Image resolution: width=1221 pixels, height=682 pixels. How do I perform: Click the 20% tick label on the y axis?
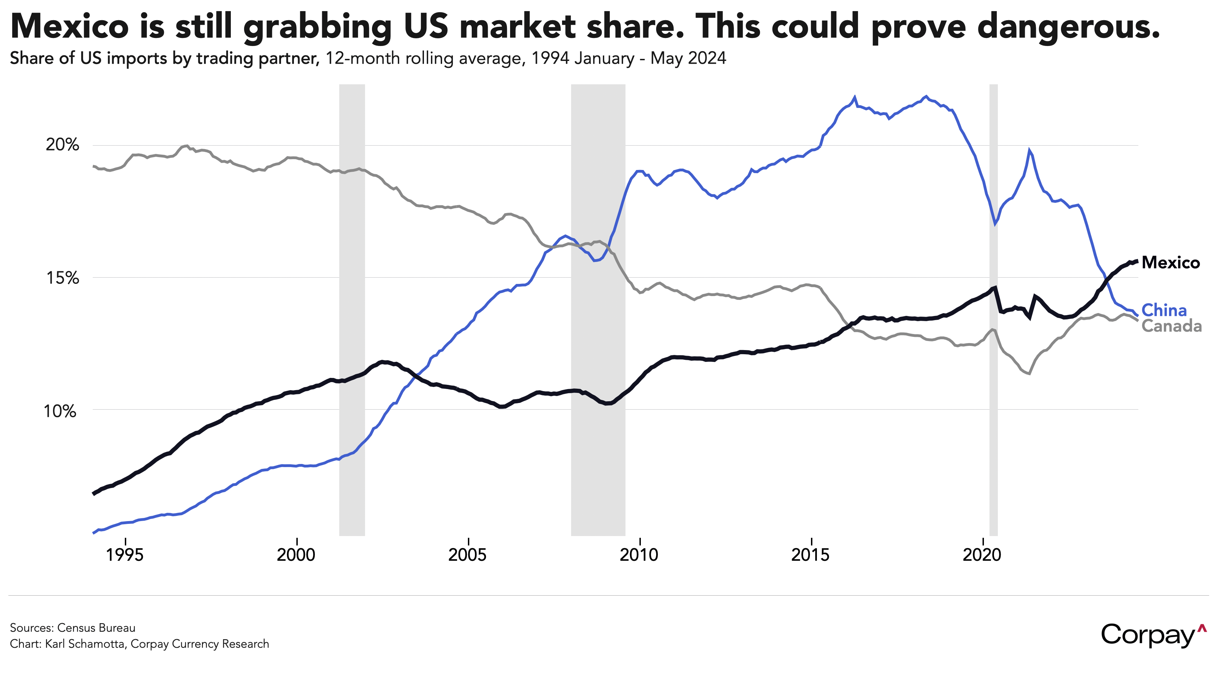tap(62, 145)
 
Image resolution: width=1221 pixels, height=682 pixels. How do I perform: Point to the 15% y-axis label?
tap(62, 278)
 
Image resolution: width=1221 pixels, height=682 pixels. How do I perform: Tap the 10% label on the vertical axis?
tap(60, 411)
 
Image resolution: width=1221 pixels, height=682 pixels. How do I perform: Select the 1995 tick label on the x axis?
tap(125, 555)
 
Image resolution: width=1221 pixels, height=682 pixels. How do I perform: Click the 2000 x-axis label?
tap(296, 555)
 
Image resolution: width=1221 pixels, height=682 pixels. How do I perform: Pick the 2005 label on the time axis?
tap(468, 555)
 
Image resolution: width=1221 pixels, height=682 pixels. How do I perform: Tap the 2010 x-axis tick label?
tap(639, 555)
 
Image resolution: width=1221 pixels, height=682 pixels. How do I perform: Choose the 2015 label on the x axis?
tap(811, 555)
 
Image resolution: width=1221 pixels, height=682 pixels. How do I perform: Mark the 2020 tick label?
tap(982, 555)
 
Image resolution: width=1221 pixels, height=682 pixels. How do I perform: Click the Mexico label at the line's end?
tap(1171, 263)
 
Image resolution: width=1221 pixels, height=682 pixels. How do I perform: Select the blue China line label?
tap(1164, 311)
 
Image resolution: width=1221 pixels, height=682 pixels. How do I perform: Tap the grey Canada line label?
tap(1172, 326)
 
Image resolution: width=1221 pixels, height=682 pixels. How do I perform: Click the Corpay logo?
tap(1153, 635)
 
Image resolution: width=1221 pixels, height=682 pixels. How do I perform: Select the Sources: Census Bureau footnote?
tap(73, 628)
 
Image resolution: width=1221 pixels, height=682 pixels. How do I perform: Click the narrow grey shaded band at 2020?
tap(993, 308)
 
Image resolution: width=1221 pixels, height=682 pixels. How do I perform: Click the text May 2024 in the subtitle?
tap(688, 58)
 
